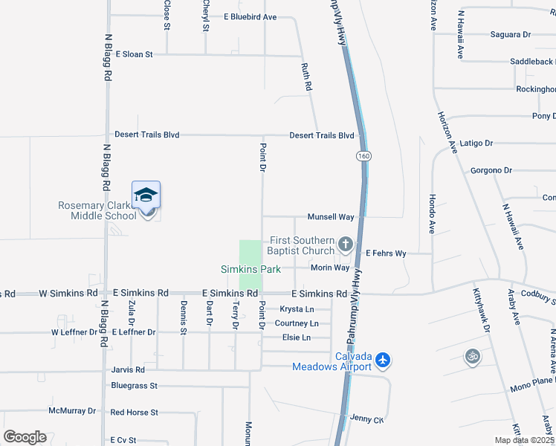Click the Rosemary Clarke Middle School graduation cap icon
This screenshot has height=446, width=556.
pos(146,195)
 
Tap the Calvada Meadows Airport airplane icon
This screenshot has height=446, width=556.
pos(383,360)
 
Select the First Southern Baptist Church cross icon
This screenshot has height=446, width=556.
pos(345,243)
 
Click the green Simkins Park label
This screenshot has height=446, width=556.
pos(250,269)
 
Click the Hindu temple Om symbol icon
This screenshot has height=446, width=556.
pos(473,357)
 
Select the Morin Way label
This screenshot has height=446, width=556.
pos(330,268)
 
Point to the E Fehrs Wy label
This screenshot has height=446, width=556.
pos(386,253)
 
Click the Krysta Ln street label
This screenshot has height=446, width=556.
pos(296,309)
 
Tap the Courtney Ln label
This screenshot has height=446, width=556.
pos(297,323)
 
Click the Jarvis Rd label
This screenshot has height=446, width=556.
pos(129,369)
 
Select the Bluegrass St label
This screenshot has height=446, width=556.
pos(135,386)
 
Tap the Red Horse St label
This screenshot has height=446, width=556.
pos(135,412)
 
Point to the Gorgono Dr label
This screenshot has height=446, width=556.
pos(491,170)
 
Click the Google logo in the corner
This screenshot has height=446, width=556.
pos(25,436)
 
